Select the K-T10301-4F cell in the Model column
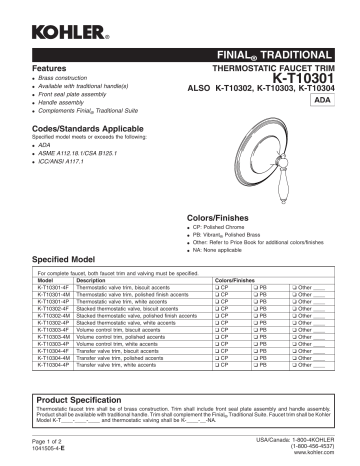pos(55,288)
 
